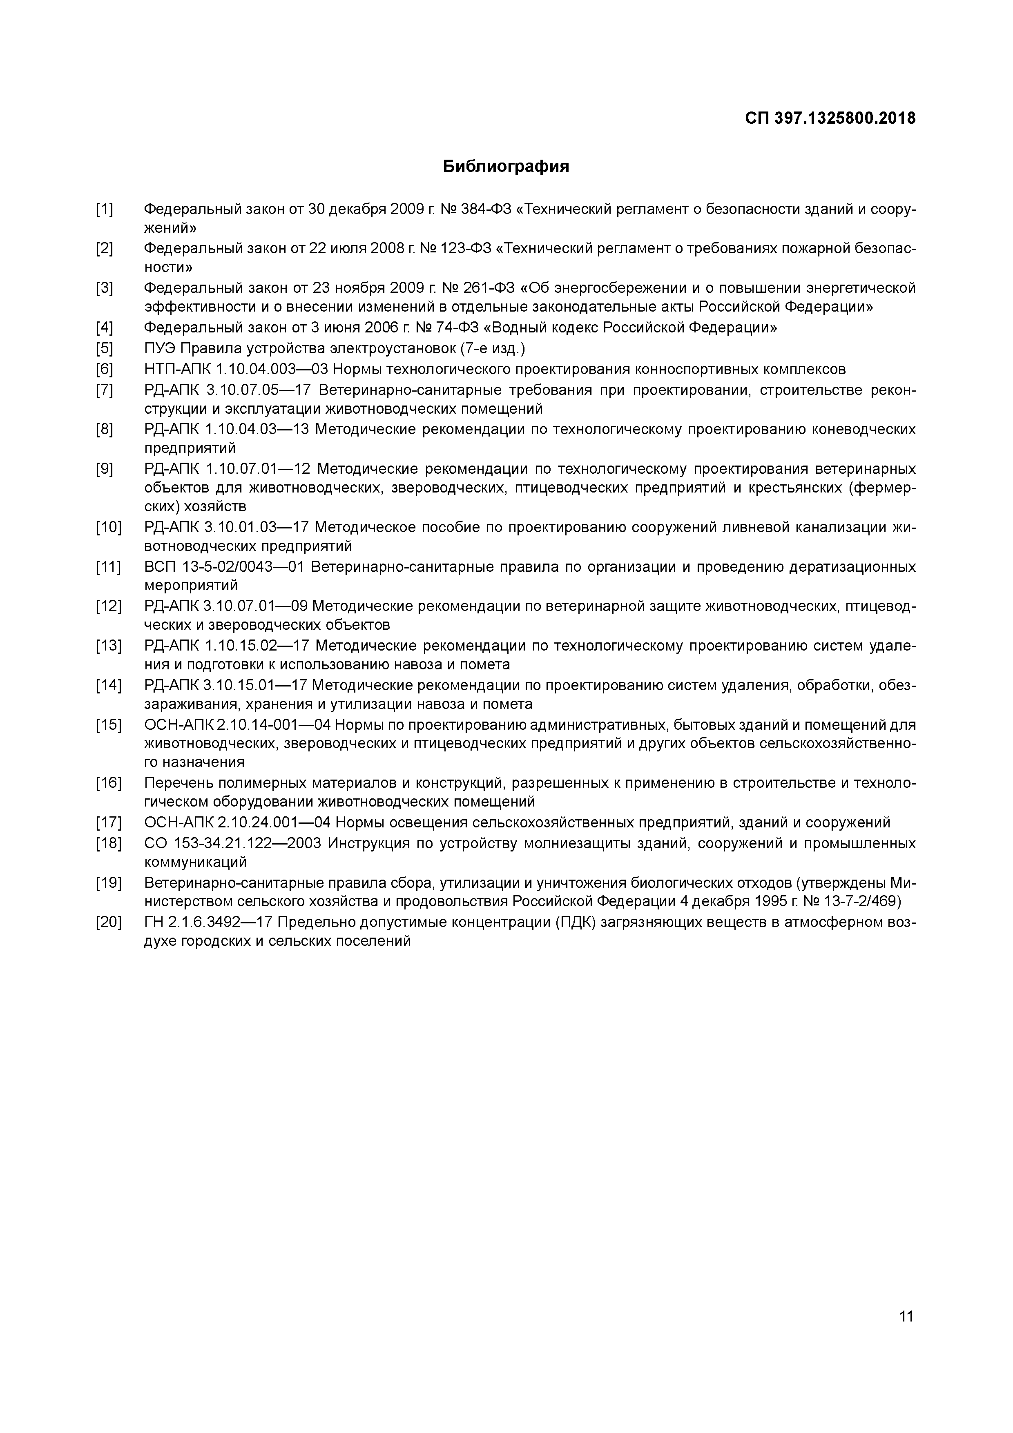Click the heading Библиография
click(506, 167)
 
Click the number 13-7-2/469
click(862, 902)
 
